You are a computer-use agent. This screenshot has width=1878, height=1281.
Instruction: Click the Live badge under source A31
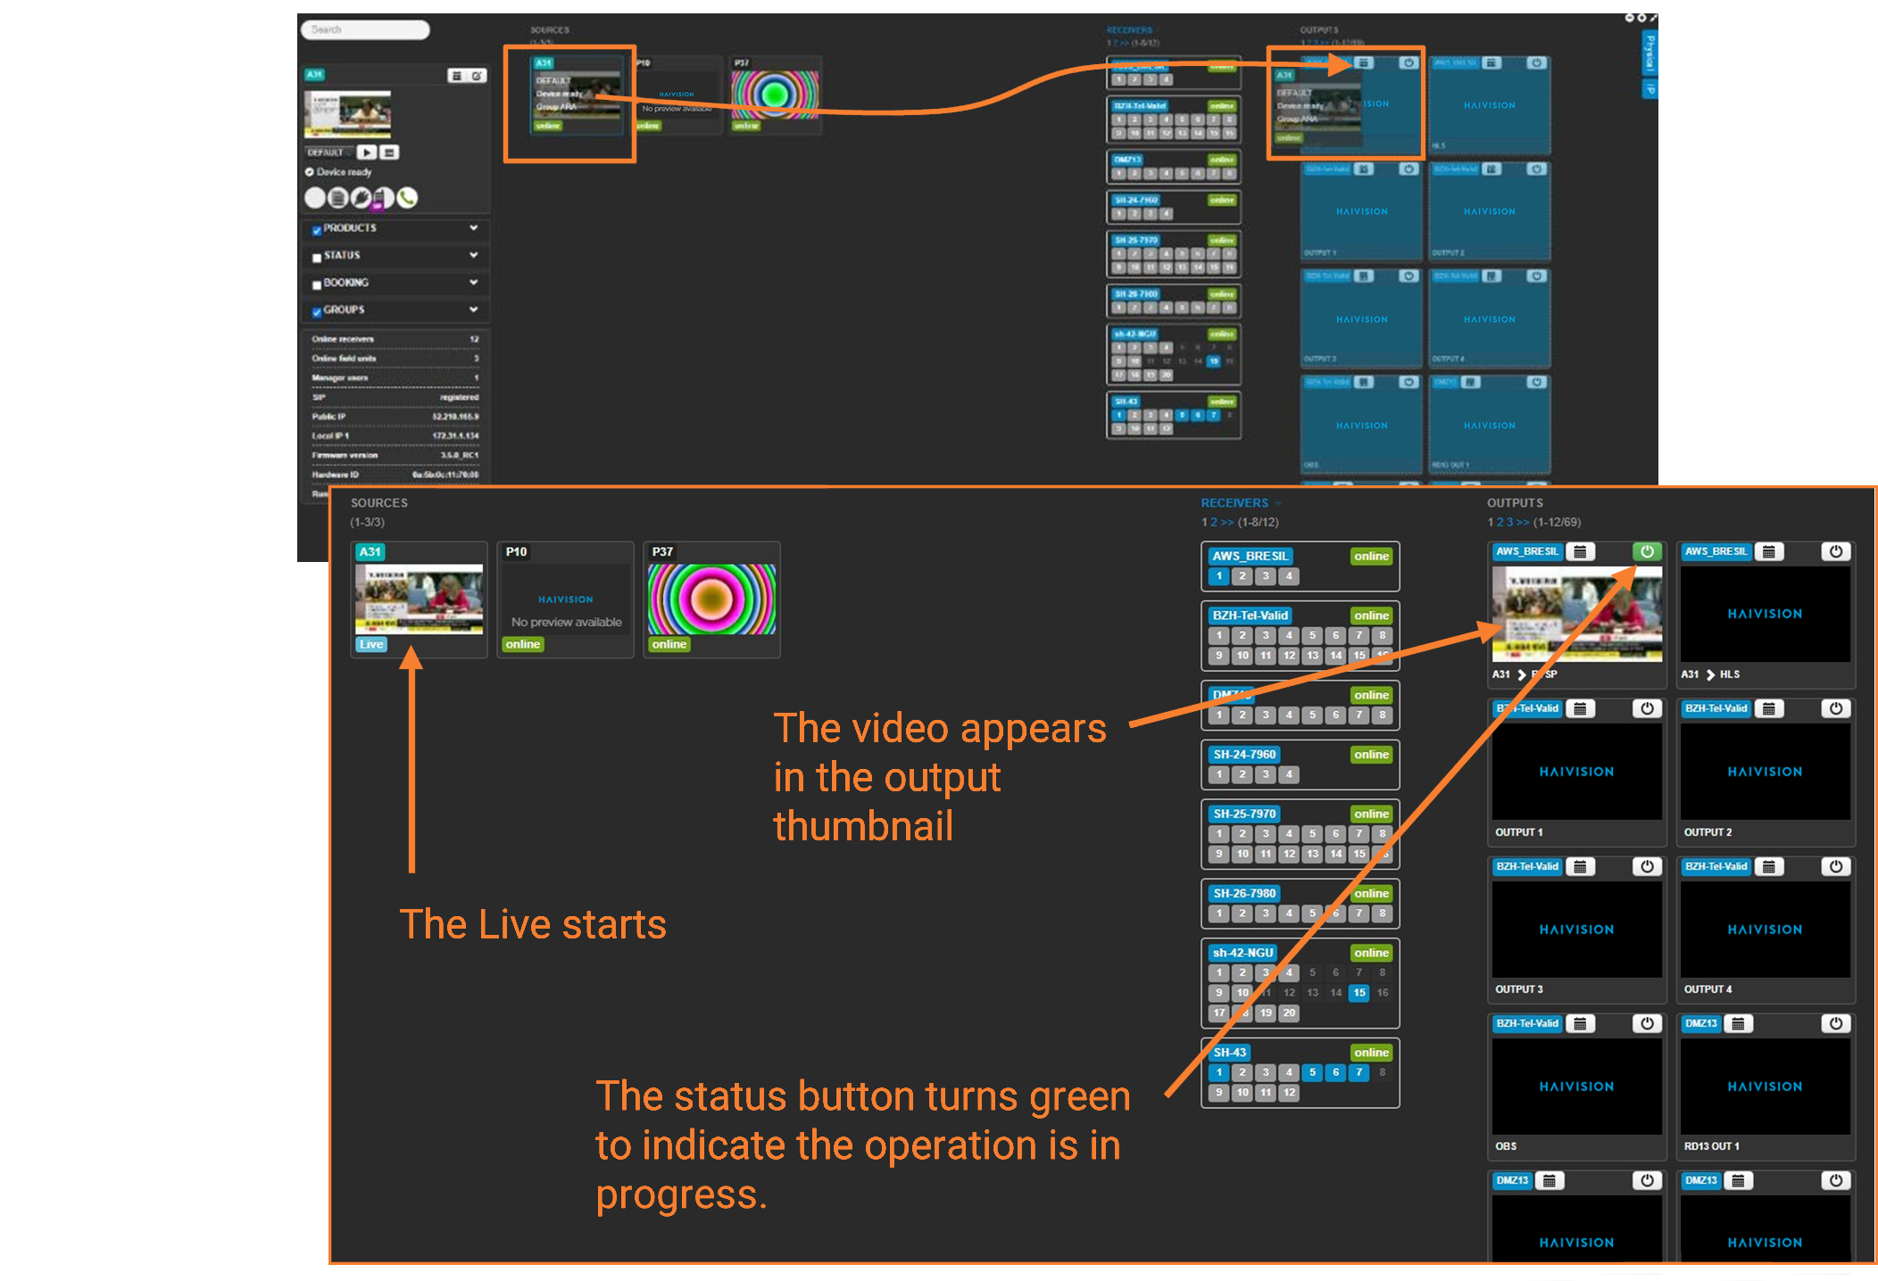pyautogui.click(x=371, y=644)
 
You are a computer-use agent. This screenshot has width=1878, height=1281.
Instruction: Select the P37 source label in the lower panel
pyautogui.click(x=662, y=552)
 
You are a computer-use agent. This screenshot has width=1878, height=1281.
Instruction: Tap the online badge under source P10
pyautogui.click(x=523, y=644)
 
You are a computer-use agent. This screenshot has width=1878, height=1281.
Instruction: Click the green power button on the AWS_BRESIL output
pyautogui.click(x=1647, y=552)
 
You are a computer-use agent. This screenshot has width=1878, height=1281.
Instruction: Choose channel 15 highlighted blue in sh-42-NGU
pyautogui.click(x=1359, y=993)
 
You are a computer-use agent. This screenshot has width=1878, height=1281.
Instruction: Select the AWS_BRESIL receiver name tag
pyautogui.click(x=1250, y=556)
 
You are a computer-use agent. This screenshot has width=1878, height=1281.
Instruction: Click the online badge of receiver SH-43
pyautogui.click(x=1371, y=1053)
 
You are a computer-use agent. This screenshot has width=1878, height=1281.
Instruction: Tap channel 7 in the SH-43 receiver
pyautogui.click(x=1359, y=1072)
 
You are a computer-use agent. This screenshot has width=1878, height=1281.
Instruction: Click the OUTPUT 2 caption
pyautogui.click(x=1708, y=832)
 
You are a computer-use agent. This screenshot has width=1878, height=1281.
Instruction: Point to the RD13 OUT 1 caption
pyautogui.click(x=1711, y=1146)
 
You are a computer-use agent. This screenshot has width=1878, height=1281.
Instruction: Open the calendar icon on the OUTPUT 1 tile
pyautogui.click(x=1580, y=709)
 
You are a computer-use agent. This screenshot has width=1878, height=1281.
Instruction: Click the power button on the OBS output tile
pyautogui.click(x=1647, y=1024)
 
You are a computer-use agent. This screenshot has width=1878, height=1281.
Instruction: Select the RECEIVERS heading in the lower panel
pyautogui.click(x=1234, y=503)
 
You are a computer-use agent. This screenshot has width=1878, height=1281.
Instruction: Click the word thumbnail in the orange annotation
pyautogui.click(x=863, y=826)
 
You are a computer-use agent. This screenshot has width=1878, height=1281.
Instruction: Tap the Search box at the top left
pyautogui.click(x=365, y=29)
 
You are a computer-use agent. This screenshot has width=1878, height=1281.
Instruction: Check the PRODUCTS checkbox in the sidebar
pyautogui.click(x=317, y=230)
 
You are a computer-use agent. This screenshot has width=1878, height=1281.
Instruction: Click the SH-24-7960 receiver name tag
pyautogui.click(x=1244, y=755)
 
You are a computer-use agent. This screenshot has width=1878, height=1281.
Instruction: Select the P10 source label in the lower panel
pyautogui.click(x=516, y=552)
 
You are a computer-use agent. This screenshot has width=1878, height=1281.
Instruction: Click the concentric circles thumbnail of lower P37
pyautogui.click(x=711, y=599)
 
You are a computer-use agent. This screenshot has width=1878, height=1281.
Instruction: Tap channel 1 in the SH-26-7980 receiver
pyautogui.click(x=1219, y=913)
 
